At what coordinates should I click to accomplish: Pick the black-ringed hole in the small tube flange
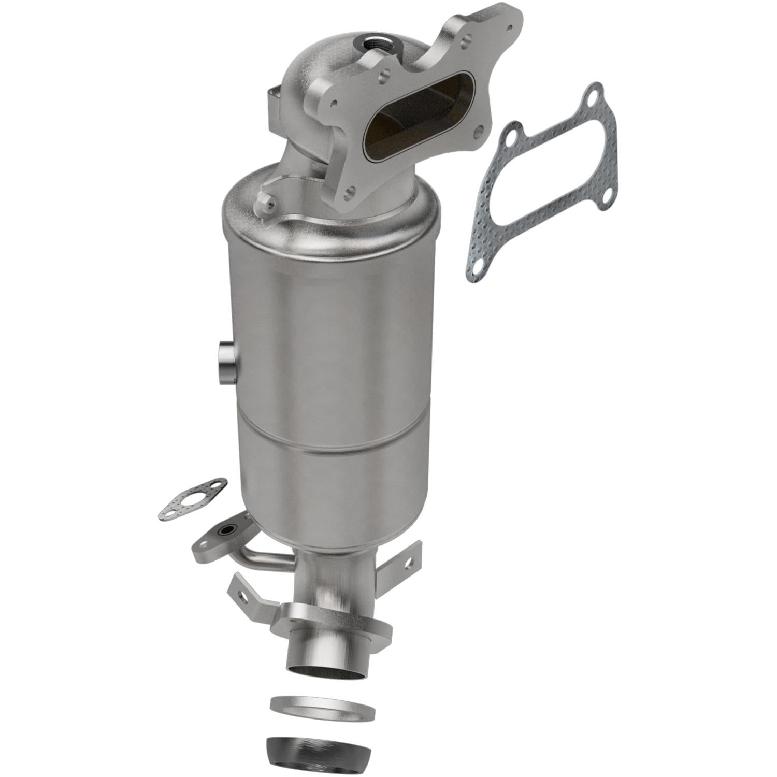(x=227, y=530)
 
